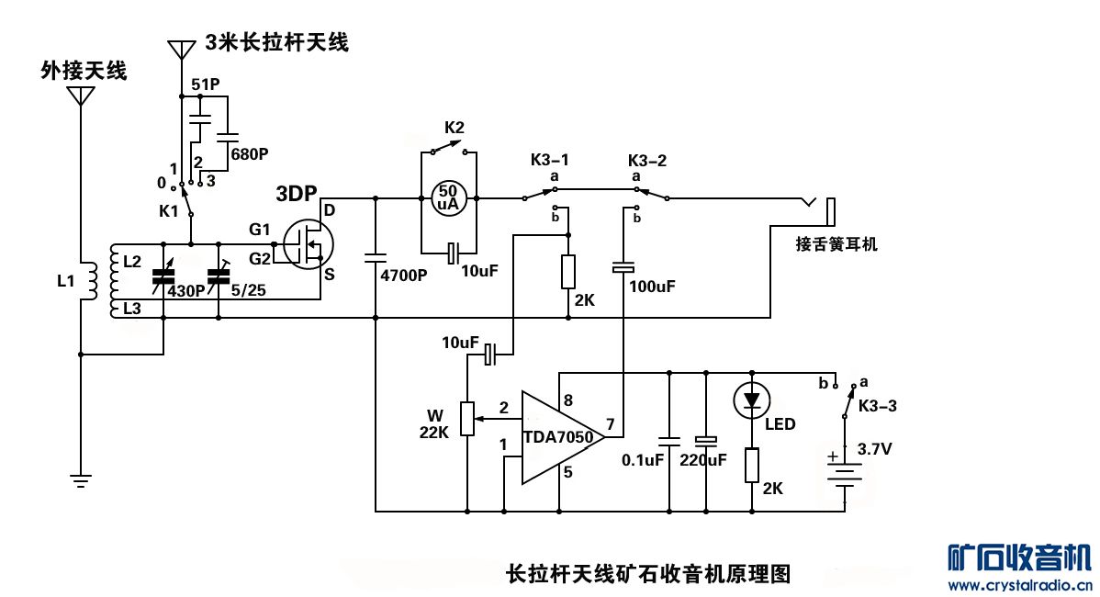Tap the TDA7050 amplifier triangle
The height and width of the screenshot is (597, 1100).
[x=556, y=437]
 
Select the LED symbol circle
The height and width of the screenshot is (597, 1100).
[x=752, y=400]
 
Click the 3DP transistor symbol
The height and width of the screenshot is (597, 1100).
[x=307, y=242]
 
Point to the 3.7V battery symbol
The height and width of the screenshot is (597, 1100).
[x=844, y=473]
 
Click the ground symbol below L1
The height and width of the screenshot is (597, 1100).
[x=82, y=478]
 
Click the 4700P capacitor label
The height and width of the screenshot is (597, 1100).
[x=404, y=275]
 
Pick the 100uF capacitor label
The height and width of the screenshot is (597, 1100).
[x=652, y=287]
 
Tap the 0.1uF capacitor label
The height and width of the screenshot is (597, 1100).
[x=643, y=460]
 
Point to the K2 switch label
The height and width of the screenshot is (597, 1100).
[x=455, y=127]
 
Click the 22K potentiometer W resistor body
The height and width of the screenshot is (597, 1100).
[x=467, y=419]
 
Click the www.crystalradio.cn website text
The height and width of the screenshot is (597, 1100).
[x=1019, y=585]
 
